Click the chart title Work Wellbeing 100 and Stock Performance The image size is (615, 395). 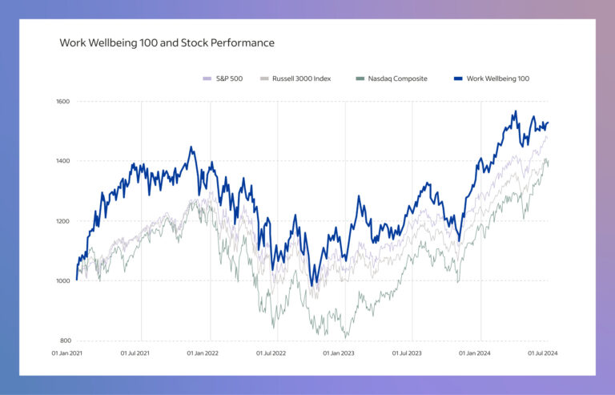167,42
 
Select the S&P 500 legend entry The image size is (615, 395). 229,79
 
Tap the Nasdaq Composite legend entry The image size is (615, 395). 397,79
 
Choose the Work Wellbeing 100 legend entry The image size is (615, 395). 496,79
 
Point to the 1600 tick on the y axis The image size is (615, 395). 63,102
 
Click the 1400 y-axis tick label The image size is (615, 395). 63,161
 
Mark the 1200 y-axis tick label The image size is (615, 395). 63,221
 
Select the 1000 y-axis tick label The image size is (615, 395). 63,281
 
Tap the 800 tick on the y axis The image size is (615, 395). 64,341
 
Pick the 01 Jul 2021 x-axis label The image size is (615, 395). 137,353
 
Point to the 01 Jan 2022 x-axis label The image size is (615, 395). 204,353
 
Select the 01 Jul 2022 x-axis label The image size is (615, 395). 273,353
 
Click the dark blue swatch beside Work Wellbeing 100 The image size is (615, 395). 458,79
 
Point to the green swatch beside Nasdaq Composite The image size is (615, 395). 360,79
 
